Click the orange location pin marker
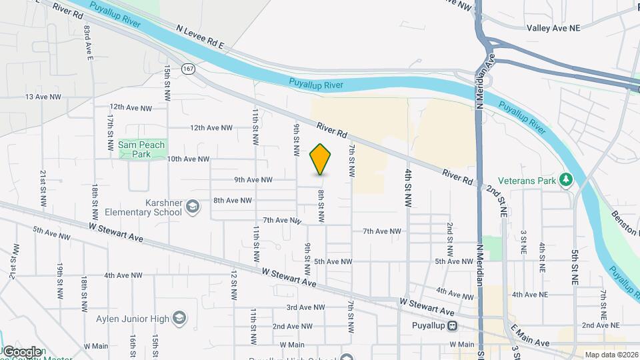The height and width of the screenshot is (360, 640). [x=320, y=159]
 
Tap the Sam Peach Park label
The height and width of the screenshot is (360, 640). [x=141, y=149]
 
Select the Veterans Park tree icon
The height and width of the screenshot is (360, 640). [x=566, y=178]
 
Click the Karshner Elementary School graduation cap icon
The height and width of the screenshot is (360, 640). [x=193, y=206]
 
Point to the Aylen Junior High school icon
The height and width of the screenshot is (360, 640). [x=179, y=317]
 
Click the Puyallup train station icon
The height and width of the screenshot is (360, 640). [x=453, y=326]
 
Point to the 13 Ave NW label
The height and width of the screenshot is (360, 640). [x=43, y=97]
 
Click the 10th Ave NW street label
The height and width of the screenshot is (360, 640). [x=188, y=159]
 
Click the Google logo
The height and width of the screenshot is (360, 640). [x=22, y=351]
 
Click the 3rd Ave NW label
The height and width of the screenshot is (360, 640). [x=305, y=307]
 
